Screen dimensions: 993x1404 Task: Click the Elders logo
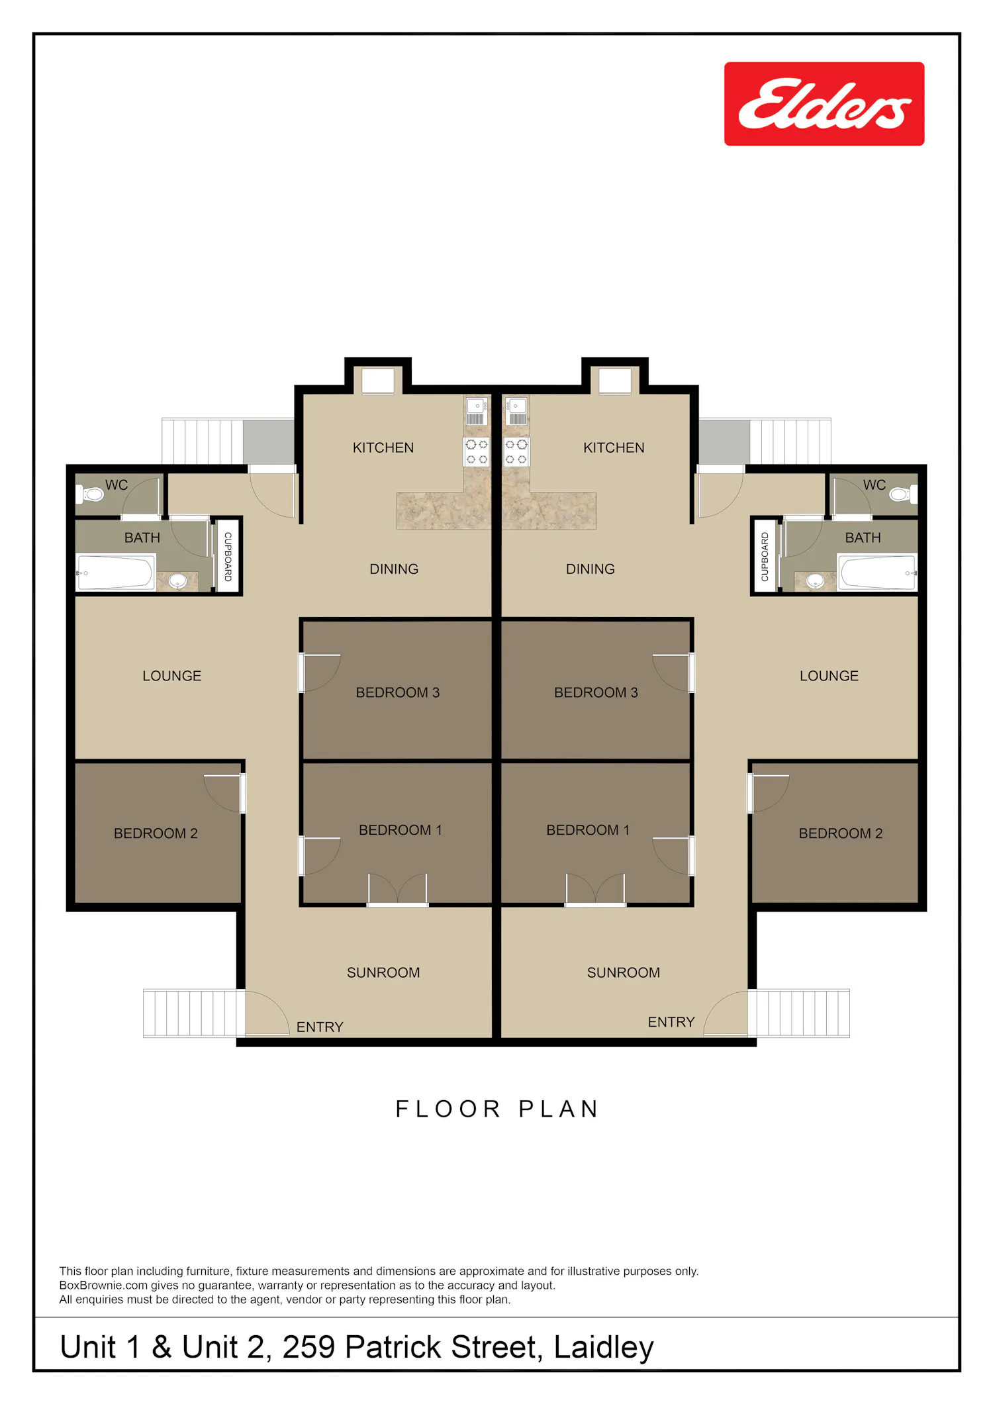tap(824, 104)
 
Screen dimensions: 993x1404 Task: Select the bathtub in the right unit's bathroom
tap(878, 573)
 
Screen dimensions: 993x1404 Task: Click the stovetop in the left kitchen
tap(477, 451)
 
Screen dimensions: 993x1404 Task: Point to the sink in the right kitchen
tap(517, 411)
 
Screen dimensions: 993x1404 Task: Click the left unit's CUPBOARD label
tap(228, 557)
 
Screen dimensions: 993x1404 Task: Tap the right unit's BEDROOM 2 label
tap(841, 833)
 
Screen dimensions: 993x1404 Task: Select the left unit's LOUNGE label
tap(171, 676)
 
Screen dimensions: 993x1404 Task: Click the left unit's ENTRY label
tap(320, 1027)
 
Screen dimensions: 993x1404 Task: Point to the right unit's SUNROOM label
tap(623, 972)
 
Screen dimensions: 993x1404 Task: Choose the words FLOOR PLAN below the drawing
tap(497, 1109)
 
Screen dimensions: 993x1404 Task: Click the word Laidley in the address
tap(604, 1348)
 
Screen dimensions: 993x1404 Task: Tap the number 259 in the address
tap(309, 1347)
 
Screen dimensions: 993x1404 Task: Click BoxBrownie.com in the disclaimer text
tap(103, 1286)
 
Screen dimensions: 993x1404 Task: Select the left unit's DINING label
tap(394, 569)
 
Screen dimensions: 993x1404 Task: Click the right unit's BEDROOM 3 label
tap(596, 692)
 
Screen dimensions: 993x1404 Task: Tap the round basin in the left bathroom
tap(177, 581)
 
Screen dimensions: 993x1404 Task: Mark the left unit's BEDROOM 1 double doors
tap(397, 889)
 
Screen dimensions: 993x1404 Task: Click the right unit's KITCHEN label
tap(614, 448)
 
